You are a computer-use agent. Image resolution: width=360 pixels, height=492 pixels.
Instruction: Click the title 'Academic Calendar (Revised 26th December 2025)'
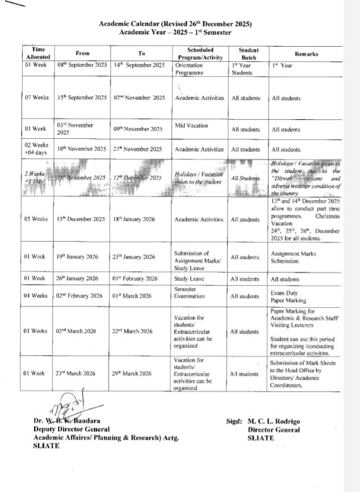tap(175, 24)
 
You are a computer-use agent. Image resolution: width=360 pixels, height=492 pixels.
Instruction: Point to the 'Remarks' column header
tap(306, 54)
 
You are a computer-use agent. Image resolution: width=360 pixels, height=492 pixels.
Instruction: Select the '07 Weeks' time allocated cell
tap(37, 98)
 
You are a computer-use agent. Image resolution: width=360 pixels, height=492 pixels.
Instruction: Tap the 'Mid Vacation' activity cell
tap(192, 126)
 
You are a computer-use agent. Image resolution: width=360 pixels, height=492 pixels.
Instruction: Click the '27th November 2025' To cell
tap(138, 149)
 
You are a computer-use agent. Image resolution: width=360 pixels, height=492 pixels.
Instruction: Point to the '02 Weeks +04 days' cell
tap(37, 149)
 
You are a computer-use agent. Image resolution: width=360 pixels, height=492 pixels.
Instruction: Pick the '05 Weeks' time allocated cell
tap(36, 219)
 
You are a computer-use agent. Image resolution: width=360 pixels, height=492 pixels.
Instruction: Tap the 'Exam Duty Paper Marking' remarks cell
tap(289, 296)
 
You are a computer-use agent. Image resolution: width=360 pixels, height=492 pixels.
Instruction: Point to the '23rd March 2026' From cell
tap(78, 373)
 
